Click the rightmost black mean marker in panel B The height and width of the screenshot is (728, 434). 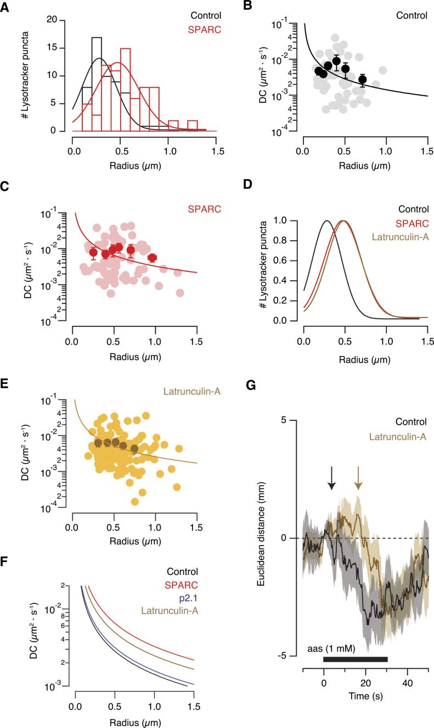click(x=362, y=80)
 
